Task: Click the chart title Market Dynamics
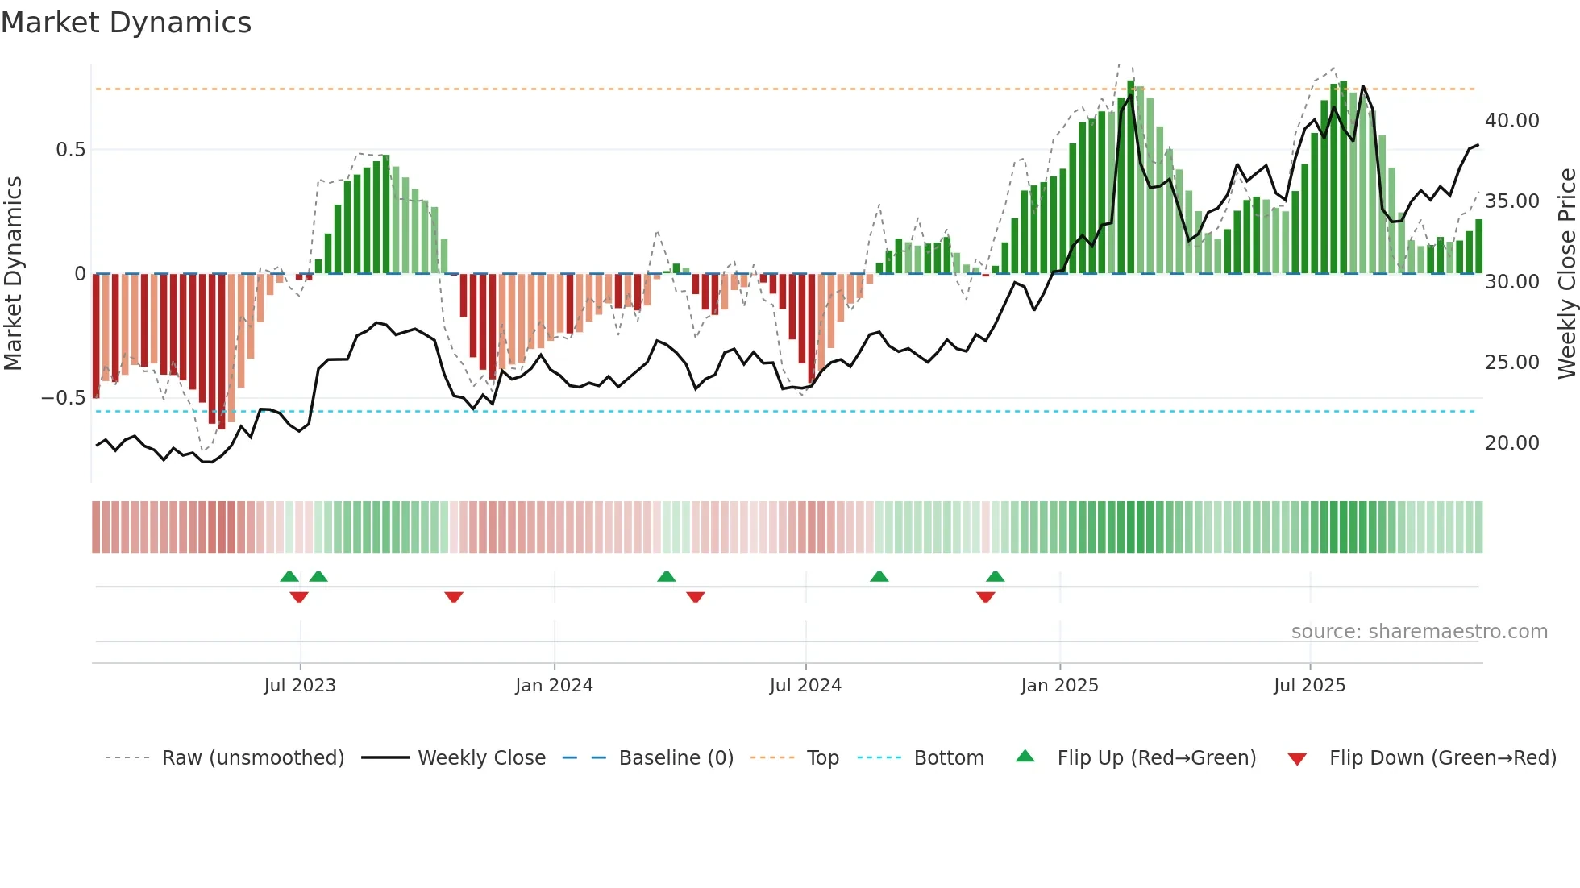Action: click(x=126, y=23)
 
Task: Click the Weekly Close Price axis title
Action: click(x=1566, y=273)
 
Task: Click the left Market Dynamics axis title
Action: click(x=13, y=273)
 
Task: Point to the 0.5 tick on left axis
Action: click(x=70, y=150)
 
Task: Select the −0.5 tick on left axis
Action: click(x=64, y=398)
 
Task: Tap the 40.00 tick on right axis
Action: click(x=1511, y=121)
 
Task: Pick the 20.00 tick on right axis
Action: click(x=1511, y=443)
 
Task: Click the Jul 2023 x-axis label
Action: click(x=300, y=686)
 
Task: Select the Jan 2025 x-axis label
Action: click(x=1059, y=686)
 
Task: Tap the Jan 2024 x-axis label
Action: click(x=554, y=686)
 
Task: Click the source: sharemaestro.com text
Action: click(x=1419, y=632)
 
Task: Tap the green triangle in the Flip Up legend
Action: click(x=1025, y=756)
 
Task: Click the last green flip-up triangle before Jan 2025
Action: click(x=996, y=576)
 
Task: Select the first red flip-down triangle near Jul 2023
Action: click(x=299, y=597)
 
